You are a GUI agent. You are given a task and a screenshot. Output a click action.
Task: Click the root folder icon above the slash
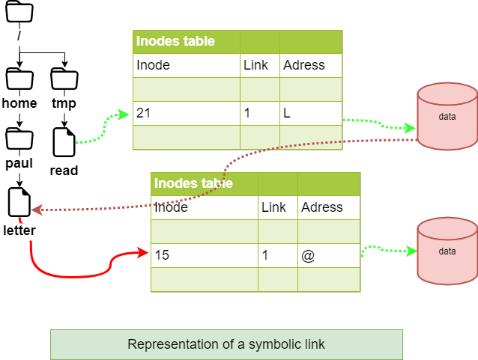click(19, 13)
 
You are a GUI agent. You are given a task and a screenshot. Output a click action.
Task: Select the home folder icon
click(19, 79)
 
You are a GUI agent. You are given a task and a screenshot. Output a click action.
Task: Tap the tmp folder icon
click(64, 79)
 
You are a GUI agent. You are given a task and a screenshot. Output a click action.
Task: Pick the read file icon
click(64, 141)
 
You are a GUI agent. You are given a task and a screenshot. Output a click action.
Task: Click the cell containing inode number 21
click(186, 114)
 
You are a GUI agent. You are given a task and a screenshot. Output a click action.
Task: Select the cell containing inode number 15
click(204, 255)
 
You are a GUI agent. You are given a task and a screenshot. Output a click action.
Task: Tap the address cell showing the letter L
click(310, 114)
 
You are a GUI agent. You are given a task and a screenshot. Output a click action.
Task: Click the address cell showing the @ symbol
click(328, 255)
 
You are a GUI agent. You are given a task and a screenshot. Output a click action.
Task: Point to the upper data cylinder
click(447, 117)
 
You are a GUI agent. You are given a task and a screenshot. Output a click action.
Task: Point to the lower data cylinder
click(447, 251)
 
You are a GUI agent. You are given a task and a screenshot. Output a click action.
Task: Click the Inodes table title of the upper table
click(175, 42)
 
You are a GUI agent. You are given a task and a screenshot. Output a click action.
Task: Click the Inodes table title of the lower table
click(193, 183)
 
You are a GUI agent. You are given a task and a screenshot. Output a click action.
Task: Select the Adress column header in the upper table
click(304, 65)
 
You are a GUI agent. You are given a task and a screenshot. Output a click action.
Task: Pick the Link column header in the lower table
click(274, 207)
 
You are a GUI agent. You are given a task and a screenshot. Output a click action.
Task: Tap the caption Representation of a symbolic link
click(226, 344)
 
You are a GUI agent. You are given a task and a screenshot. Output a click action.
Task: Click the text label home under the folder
click(19, 103)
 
